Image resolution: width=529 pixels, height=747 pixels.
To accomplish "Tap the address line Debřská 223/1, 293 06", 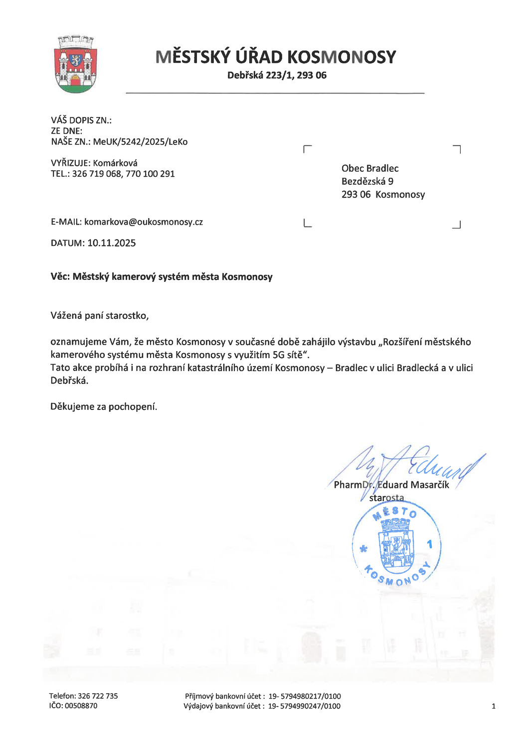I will (x=277, y=75).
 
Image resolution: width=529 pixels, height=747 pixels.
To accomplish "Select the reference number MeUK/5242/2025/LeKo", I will (x=140, y=142).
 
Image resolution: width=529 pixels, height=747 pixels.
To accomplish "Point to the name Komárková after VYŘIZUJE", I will (x=115, y=163).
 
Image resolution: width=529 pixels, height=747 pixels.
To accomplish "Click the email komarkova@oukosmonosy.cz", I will (x=144, y=222).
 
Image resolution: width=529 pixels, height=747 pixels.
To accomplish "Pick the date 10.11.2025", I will (x=111, y=243).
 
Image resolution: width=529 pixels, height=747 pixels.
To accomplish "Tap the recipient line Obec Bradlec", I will (x=370, y=168).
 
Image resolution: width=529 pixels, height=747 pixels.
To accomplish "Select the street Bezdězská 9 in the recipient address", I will (x=367, y=181).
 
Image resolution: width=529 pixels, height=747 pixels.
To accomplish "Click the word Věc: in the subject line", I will (x=60, y=277).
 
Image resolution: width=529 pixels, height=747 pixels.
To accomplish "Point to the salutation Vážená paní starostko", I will (x=100, y=316).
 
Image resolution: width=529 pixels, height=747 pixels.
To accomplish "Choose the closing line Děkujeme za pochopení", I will (x=104, y=407).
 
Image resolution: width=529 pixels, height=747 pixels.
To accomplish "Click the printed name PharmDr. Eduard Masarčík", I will (x=391, y=485).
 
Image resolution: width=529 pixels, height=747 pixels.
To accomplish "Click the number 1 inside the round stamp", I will (x=430, y=544).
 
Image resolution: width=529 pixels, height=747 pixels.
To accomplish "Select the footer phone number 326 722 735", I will (x=98, y=696).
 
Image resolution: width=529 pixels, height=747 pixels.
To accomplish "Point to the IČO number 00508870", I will (x=81, y=706).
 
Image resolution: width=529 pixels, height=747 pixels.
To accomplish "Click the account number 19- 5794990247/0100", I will (x=304, y=706).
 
